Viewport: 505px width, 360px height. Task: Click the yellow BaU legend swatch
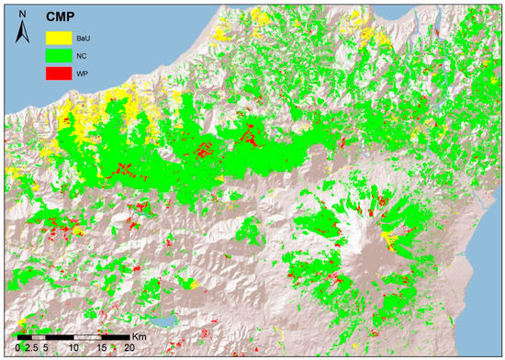(x=59, y=37)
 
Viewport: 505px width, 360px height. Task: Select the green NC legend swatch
(x=59, y=54)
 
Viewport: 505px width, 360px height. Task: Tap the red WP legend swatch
(x=59, y=72)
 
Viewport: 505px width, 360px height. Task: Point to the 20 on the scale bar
(x=130, y=348)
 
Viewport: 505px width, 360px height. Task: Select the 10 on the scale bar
(x=74, y=348)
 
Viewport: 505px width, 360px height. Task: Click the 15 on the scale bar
(x=103, y=348)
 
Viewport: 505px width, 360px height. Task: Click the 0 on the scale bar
(x=17, y=348)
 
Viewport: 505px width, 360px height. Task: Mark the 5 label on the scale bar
(x=46, y=348)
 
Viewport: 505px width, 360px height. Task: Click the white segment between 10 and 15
(x=88, y=337)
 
